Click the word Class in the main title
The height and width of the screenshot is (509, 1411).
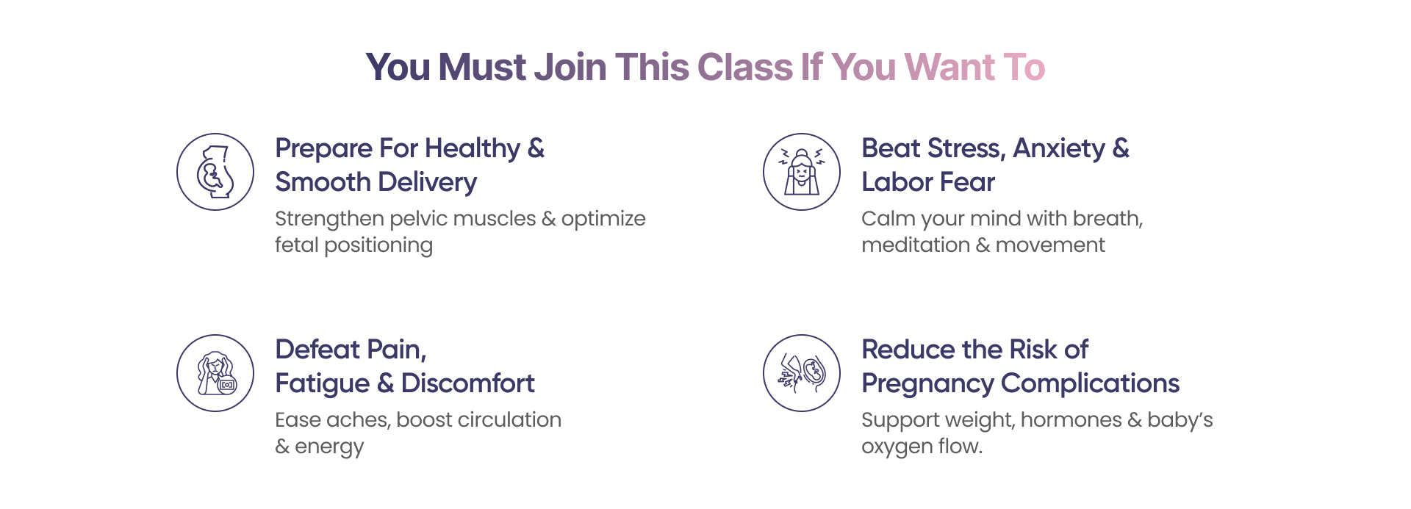coord(745,67)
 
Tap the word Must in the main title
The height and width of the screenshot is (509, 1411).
coord(482,67)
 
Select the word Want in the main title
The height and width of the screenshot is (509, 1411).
coord(949,67)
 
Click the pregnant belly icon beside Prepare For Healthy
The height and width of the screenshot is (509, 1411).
coord(215,172)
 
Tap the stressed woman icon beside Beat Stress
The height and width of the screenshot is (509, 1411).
coord(802,172)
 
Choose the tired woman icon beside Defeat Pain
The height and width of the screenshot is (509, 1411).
coord(215,373)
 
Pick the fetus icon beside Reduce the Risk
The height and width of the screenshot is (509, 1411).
coord(802,373)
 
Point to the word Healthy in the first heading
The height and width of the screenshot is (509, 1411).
coord(473,149)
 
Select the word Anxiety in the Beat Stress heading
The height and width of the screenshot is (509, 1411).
coord(1059,149)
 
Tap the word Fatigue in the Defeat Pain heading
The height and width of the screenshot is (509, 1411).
coord(323,384)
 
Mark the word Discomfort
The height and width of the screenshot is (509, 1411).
coord(468,383)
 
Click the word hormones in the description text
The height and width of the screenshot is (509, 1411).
coord(1071,420)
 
